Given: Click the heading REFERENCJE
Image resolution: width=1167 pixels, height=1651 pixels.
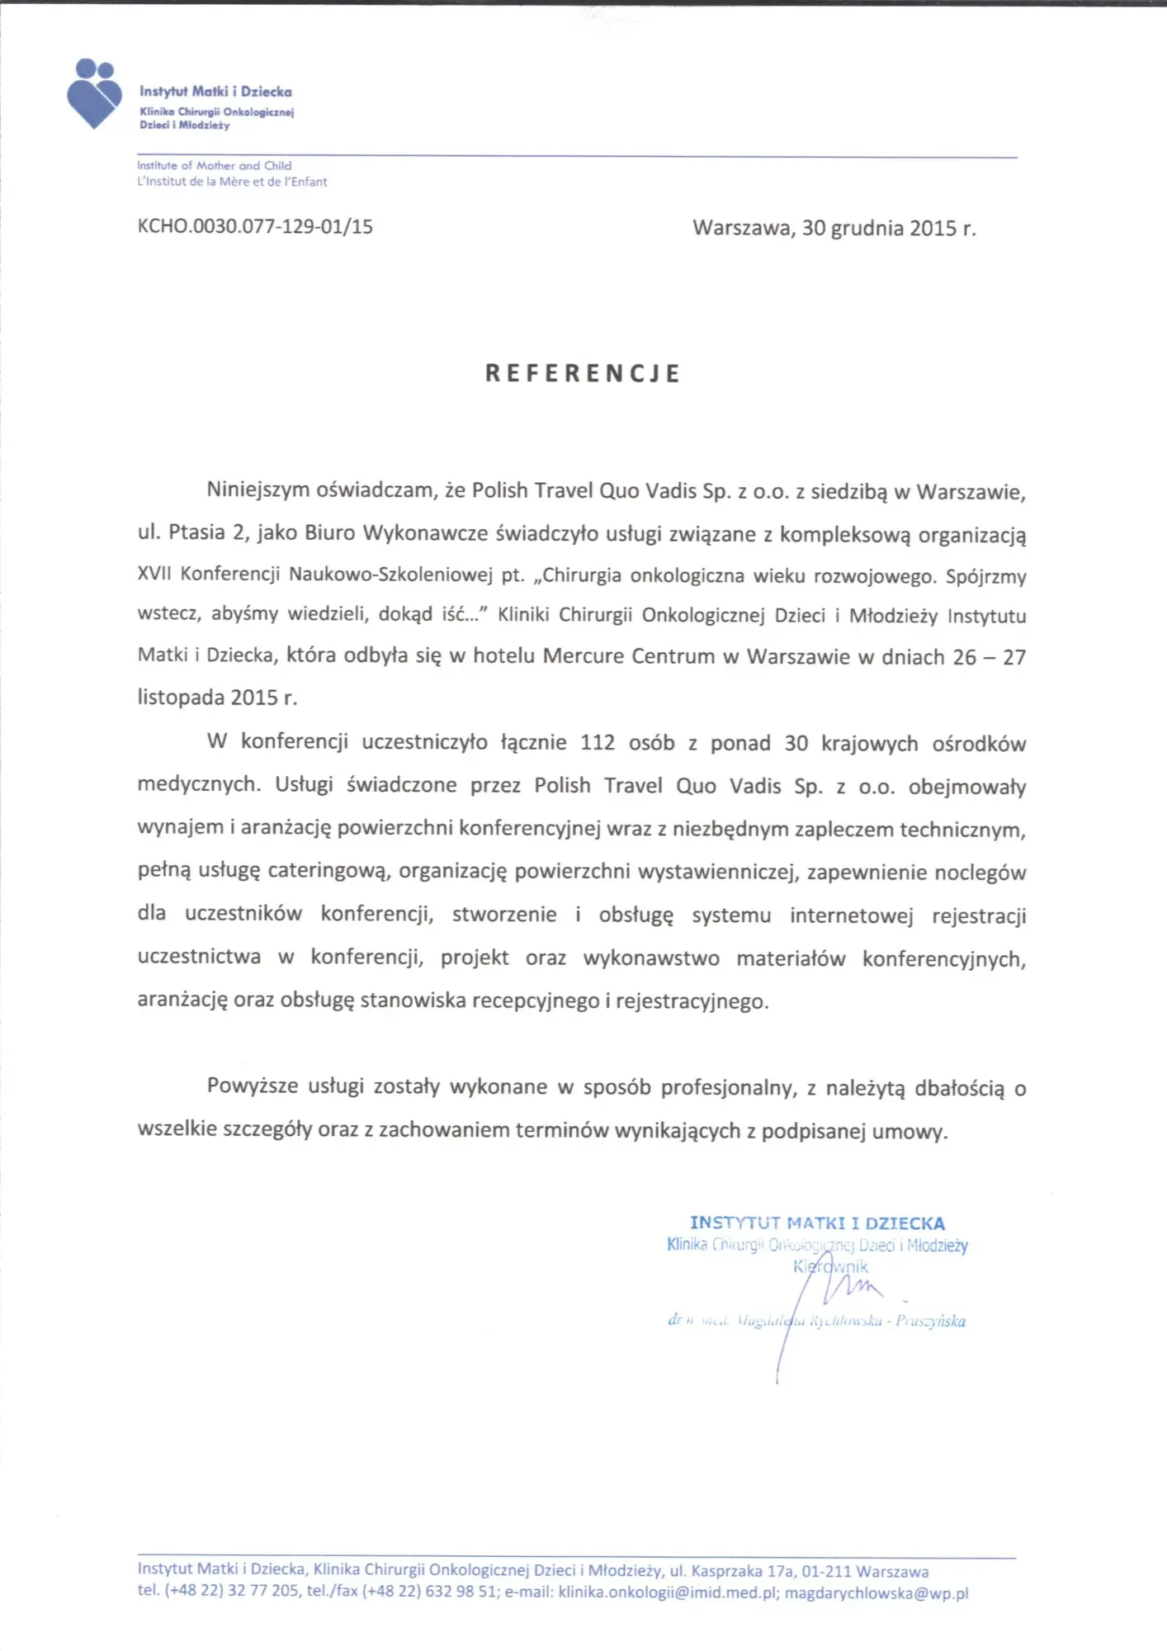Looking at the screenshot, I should (583, 373).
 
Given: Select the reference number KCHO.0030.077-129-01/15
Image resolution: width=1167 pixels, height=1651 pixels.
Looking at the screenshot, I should (255, 226).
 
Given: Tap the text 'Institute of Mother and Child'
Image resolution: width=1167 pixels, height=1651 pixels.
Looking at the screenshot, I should (214, 165).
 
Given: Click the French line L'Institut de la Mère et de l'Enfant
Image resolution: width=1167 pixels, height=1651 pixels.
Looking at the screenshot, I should (232, 182).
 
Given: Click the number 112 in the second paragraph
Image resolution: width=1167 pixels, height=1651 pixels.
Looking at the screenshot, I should (598, 742).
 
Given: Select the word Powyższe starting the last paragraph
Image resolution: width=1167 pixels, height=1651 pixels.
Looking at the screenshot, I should (253, 1086).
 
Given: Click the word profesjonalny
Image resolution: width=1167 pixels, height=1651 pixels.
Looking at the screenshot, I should (728, 1087).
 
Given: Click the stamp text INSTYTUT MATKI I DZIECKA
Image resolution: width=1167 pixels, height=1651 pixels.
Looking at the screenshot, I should (817, 1223).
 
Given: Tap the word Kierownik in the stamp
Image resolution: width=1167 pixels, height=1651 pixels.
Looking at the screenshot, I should (830, 1266).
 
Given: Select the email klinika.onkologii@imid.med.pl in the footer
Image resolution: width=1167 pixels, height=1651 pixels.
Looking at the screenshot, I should (668, 1592).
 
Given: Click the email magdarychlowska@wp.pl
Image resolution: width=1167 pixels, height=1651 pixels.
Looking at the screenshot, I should (876, 1592).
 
